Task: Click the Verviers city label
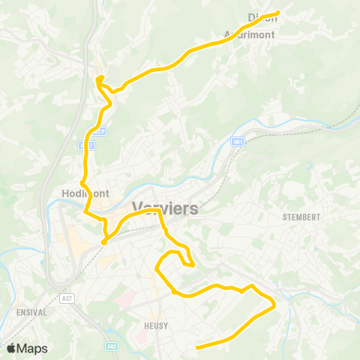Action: [x=165, y=208]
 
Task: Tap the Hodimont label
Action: [x=83, y=193]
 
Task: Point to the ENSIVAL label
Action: [x=31, y=311]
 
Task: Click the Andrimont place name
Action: [x=250, y=34]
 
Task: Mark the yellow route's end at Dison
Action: [x=278, y=12]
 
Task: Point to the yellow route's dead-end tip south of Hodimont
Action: [x=103, y=242]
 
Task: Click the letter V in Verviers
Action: [x=137, y=208]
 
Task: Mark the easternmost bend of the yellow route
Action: [x=275, y=304]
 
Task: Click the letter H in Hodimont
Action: [x=61, y=193]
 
